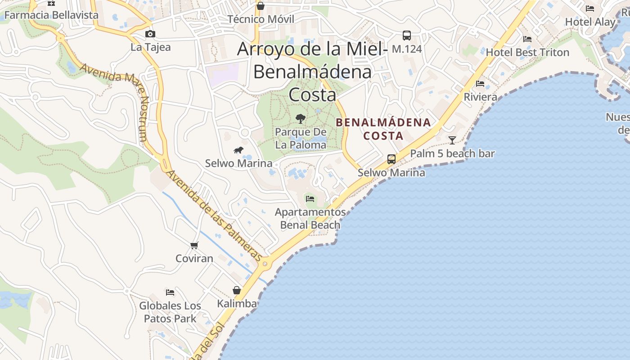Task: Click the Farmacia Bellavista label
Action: coord(51,15)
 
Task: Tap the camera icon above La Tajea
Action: coord(150,34)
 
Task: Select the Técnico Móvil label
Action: coord(261,19)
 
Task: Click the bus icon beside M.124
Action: coord(406,35)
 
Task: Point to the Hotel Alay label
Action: coord(590,22)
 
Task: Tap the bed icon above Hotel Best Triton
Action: coord(527,39)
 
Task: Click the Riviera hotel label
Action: coord(481,97)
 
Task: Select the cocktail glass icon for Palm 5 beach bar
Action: coord(452,140)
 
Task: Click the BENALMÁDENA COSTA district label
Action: coord(383,129)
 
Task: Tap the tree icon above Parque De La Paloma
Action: coord(300,119)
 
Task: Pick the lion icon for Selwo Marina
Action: coord(238,150)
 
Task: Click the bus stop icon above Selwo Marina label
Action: coord(391,159)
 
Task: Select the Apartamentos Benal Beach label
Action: coord(310,218)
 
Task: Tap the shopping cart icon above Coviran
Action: coord(194,245)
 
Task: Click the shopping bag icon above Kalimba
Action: coord(237,290)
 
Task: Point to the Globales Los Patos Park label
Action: coord(170,312)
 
